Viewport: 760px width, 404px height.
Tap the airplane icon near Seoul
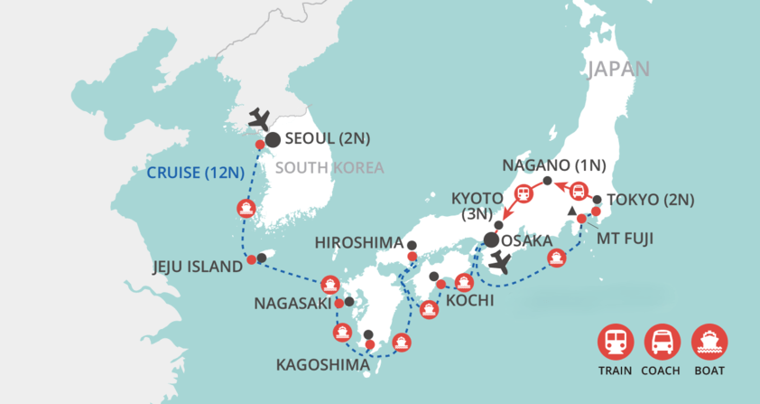pyautogui.click(x=259, y=118)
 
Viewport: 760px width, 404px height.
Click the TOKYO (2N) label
pyautogui.click(x=651, y=201)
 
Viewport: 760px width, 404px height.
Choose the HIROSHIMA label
pyautogui.click(x=358, y=243)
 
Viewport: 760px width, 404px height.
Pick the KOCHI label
pyautogui.click(x=469, y=299)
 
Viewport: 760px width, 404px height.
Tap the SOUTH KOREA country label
pyautogui.click(x=329, y=167)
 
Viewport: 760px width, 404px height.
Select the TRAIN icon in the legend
pyautogui.click(x=614, y=342)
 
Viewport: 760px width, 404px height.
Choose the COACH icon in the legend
pyautogui.click(x=662, y=342)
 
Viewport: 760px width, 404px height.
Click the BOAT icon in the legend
pyautogui.click(x=709, y=342)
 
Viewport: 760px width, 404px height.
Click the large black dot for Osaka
pyautogui.click(x=491, y=240)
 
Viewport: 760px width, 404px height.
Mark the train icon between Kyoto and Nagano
pyautogui.click(x=523, y=194)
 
